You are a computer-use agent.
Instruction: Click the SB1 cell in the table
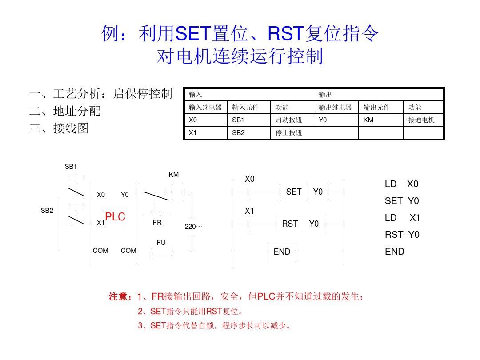click(249, 120)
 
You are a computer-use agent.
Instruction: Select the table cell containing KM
click(380, 120)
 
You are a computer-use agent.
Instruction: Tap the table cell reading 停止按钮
click(292, 132)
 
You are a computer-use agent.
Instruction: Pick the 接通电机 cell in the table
click(423, 120)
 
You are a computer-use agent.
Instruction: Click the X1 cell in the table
click(205, 132)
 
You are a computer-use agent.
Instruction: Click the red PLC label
click(115, 217)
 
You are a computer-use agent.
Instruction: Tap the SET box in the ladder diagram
click(294, 192)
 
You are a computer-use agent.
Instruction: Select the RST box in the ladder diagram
click(290, 224)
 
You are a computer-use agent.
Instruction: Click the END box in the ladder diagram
click(282, 252)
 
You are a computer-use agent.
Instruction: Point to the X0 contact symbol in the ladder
click(249, 192)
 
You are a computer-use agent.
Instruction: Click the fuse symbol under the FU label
click(162, 252)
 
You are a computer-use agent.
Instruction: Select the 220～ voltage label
click(193, 227)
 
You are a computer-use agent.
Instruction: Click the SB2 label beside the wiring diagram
click(47, 211)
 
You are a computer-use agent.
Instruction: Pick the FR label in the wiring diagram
click(157, 223)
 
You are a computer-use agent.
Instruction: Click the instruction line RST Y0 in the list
click(402, 235)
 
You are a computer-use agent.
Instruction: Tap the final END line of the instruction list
click(395, 252)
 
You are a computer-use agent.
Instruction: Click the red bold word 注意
click(120, 296)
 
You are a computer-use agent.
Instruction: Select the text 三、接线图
click(59, 128)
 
